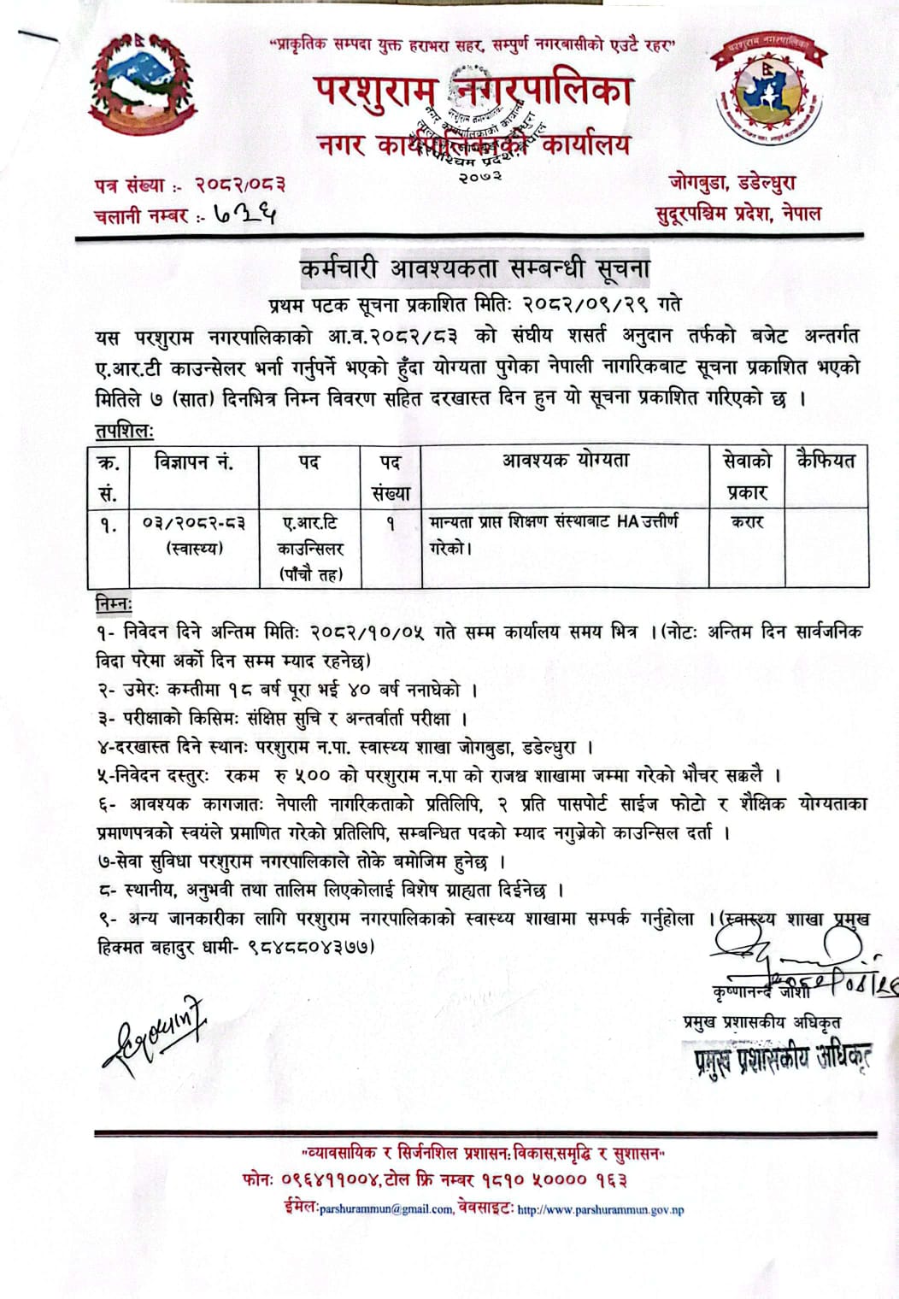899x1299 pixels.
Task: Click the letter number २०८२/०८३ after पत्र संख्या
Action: [x=239, y=184]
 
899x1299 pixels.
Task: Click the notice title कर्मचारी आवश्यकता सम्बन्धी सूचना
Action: [x=474, y=268]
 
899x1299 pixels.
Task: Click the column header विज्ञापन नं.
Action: [x=193, y=462]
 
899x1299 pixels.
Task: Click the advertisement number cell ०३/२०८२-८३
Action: [x=194, y=523]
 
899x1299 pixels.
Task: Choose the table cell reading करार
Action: [x=747, y=521]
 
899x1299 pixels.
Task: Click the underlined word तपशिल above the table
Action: [x=125, y=431]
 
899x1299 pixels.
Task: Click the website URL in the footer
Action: [x=601, y=1209]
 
